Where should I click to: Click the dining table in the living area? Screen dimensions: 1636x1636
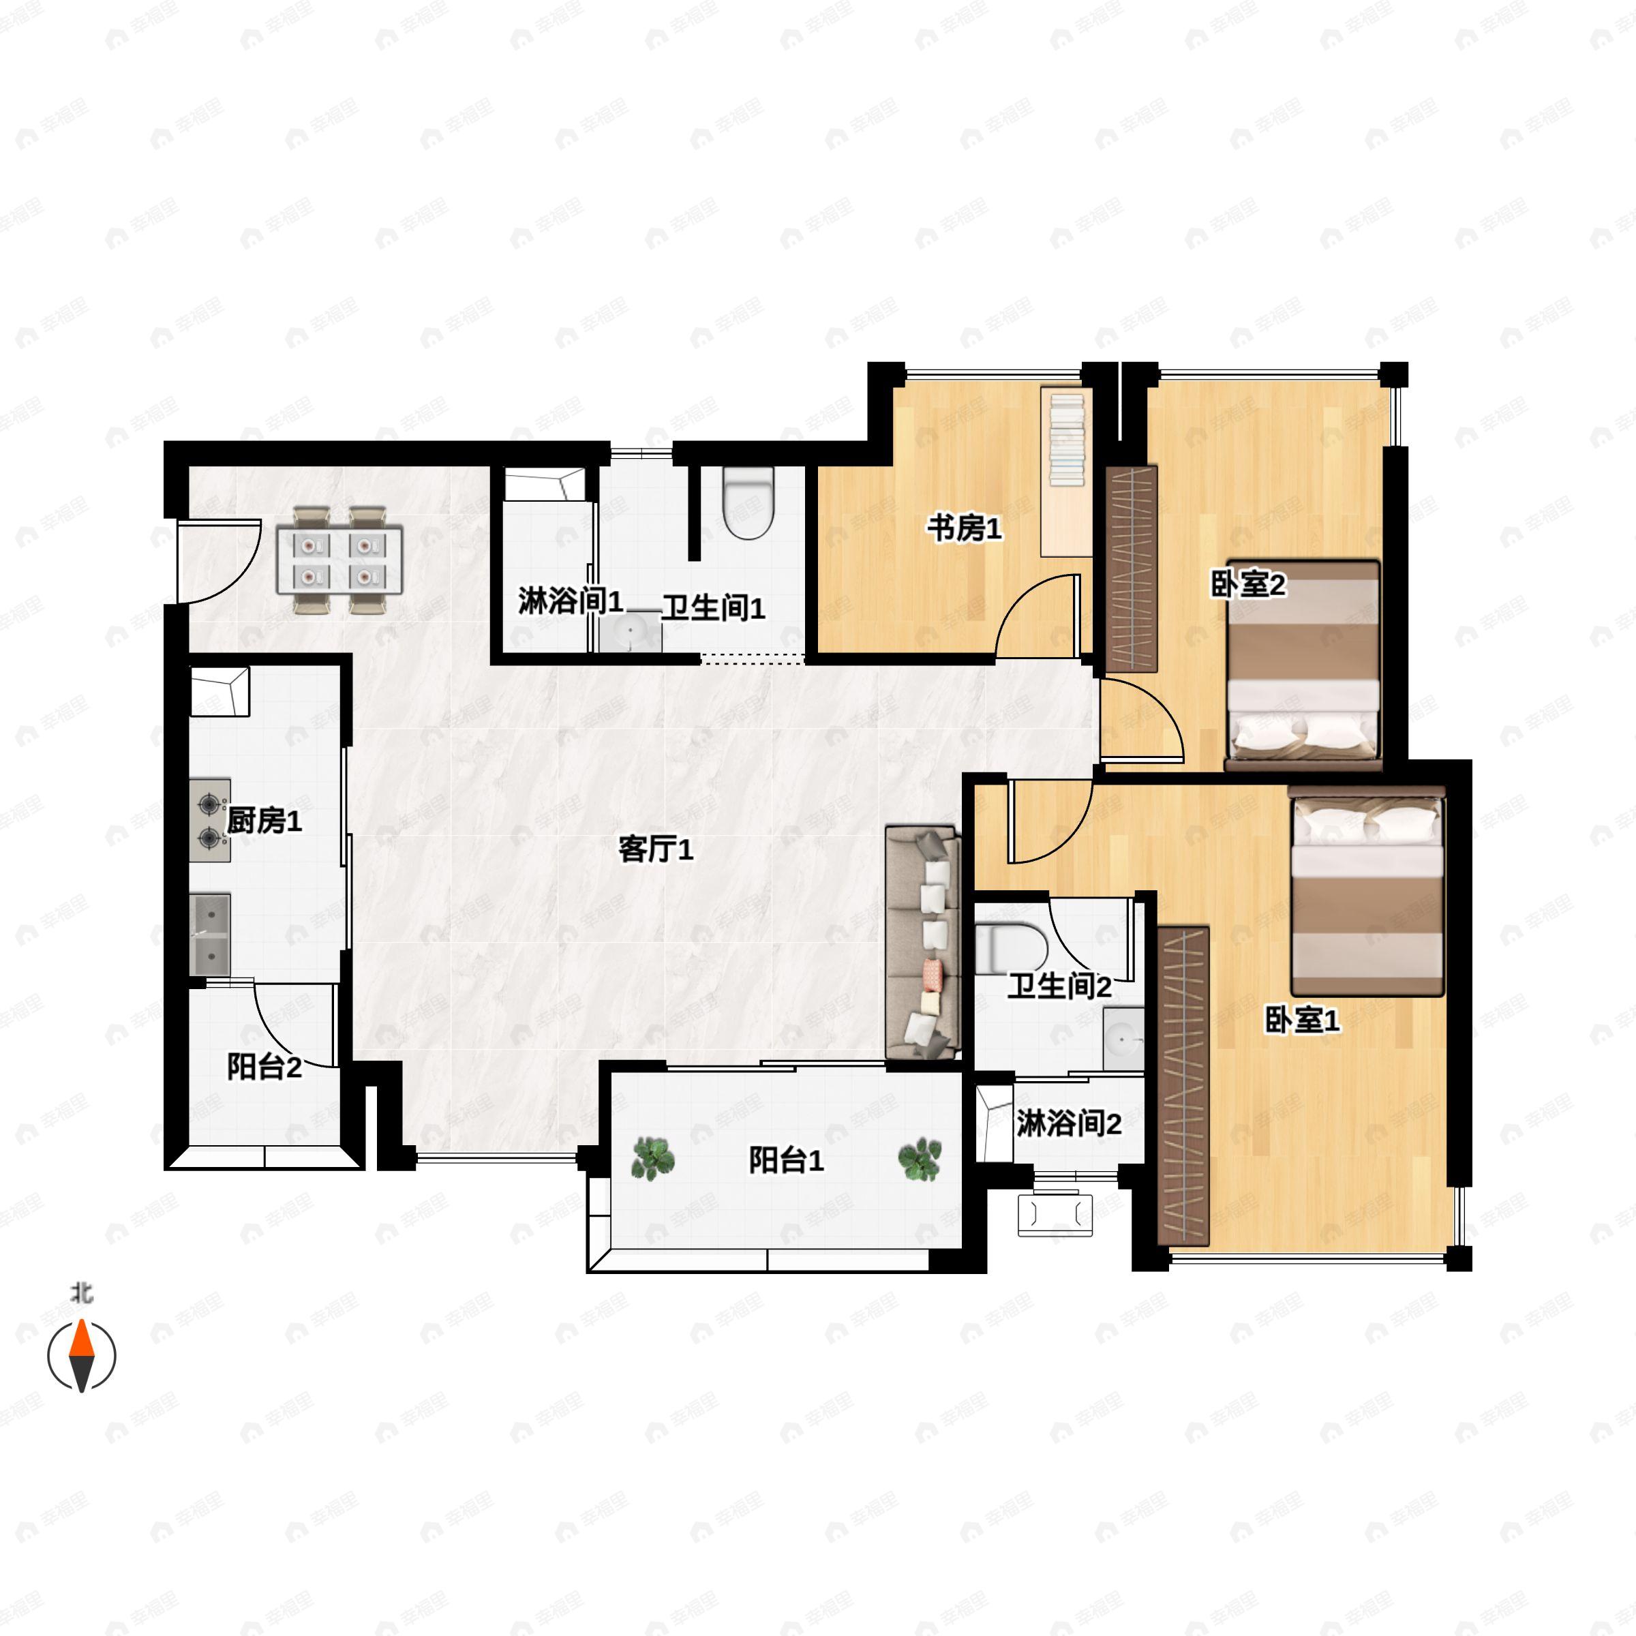coord(339,560)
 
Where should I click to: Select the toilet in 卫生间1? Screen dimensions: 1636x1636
coord(748,504)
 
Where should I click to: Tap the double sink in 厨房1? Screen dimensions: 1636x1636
coord(210,934)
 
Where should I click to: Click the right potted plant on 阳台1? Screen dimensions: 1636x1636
coord(920,1160)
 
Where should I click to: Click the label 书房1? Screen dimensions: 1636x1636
coord(964,529)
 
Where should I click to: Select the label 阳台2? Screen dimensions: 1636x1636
coord(264,1067)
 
